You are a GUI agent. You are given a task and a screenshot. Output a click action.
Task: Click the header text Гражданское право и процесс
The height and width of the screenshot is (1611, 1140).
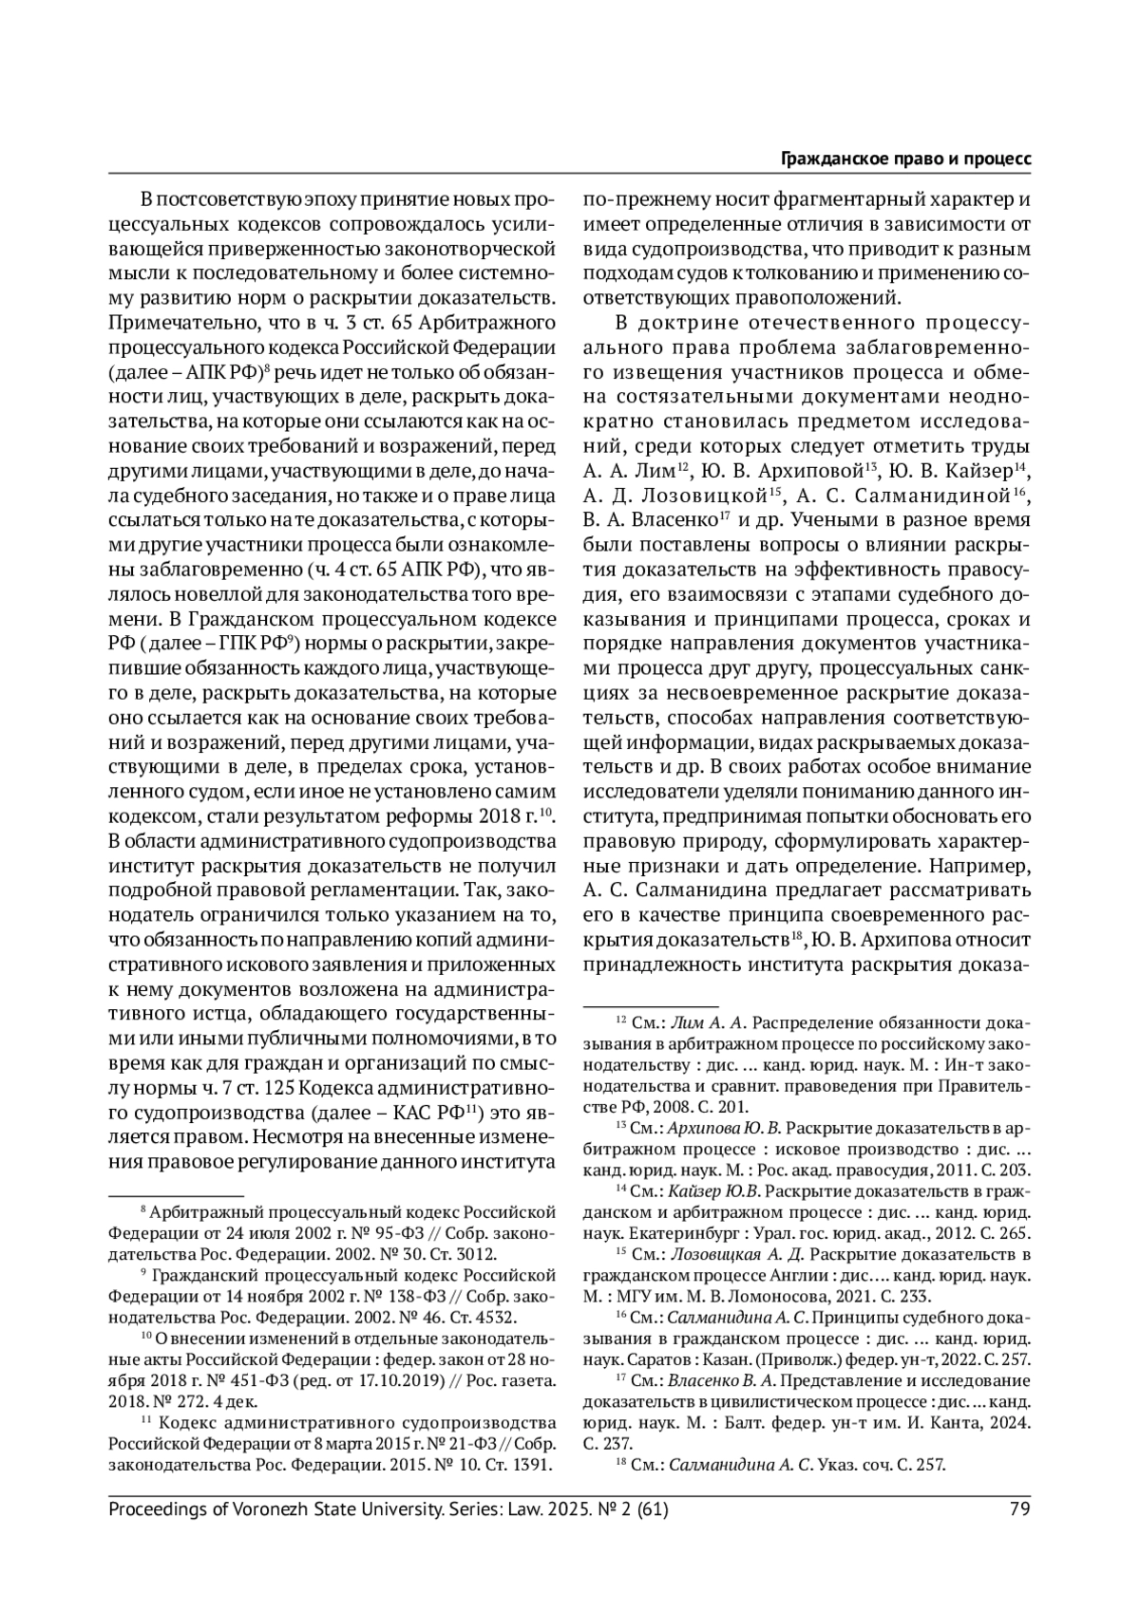click(905, 159)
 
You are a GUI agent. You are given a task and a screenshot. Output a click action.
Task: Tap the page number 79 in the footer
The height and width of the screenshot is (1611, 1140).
click(1020, 1508)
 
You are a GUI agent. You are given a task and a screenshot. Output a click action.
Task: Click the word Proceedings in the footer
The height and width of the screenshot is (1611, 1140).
click(159, 1508)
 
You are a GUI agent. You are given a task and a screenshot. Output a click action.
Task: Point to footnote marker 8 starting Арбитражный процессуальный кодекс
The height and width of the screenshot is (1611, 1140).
click(143, 1210)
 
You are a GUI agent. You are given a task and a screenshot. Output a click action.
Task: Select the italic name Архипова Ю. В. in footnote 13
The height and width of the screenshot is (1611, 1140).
click(725, 1127)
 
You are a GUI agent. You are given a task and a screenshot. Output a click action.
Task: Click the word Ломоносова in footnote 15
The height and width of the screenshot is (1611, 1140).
click(766, 1296)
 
